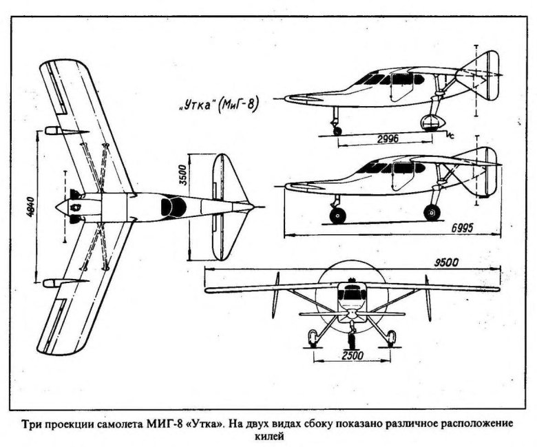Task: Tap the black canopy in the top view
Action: click(171, 205)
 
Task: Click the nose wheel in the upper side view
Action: click(337, 130)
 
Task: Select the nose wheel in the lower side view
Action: click(338, 216)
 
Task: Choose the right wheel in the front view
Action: click(391, 337)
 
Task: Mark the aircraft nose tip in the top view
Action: click(57, 206)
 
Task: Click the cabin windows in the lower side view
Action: click(392, 167)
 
